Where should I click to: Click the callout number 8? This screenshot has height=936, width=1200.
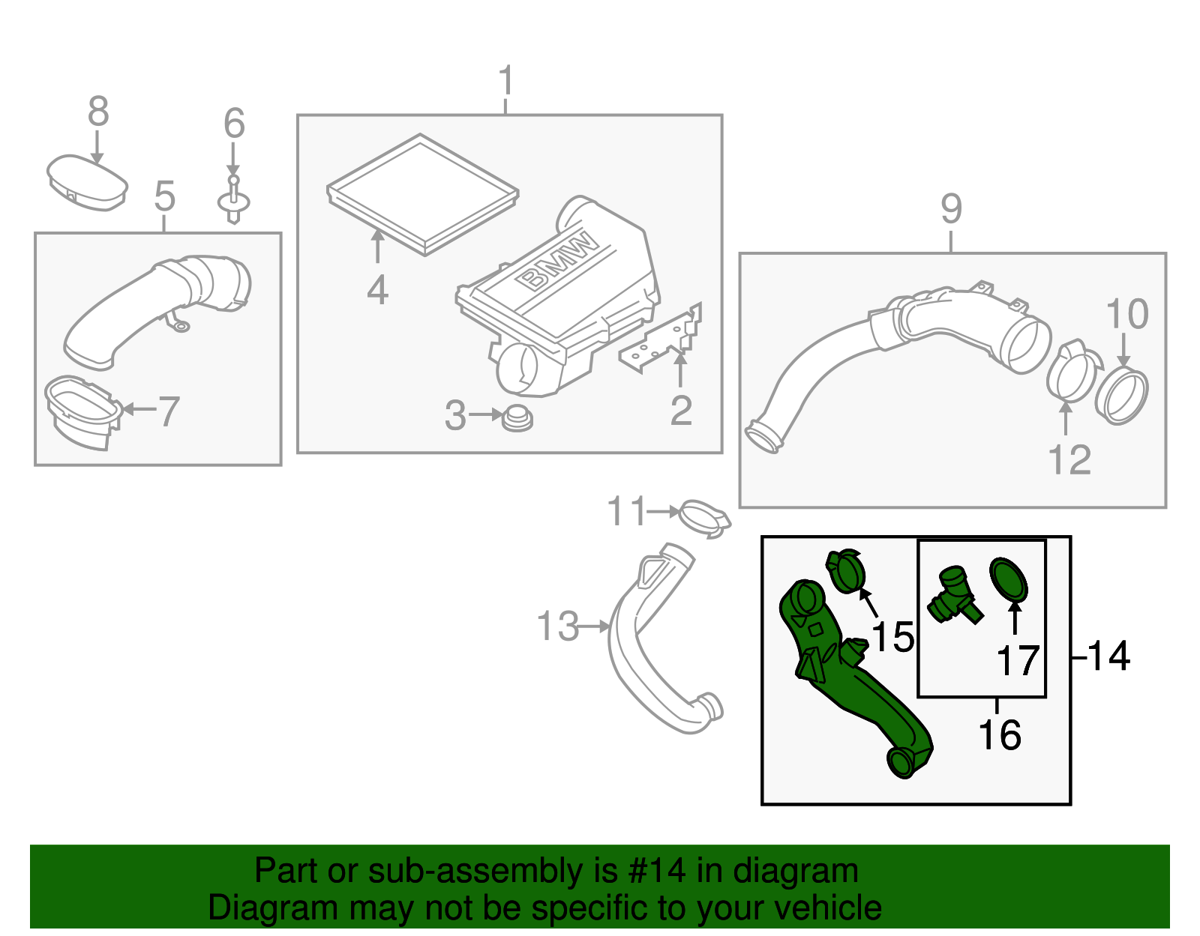(98, 112)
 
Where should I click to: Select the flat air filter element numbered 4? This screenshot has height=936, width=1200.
(422, 193)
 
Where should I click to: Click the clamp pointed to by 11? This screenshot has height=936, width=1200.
(703, 518)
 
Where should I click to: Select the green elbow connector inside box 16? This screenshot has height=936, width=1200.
(952, 596)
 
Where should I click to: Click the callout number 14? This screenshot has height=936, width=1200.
(1108, 656)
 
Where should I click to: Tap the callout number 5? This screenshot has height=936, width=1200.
(164, 196)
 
